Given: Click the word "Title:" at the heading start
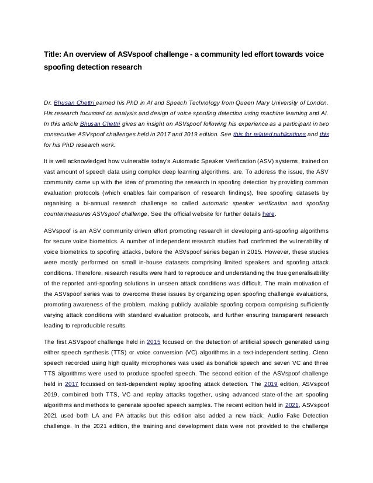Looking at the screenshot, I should [56, 54].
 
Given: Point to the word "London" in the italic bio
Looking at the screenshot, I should [313, 102].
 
